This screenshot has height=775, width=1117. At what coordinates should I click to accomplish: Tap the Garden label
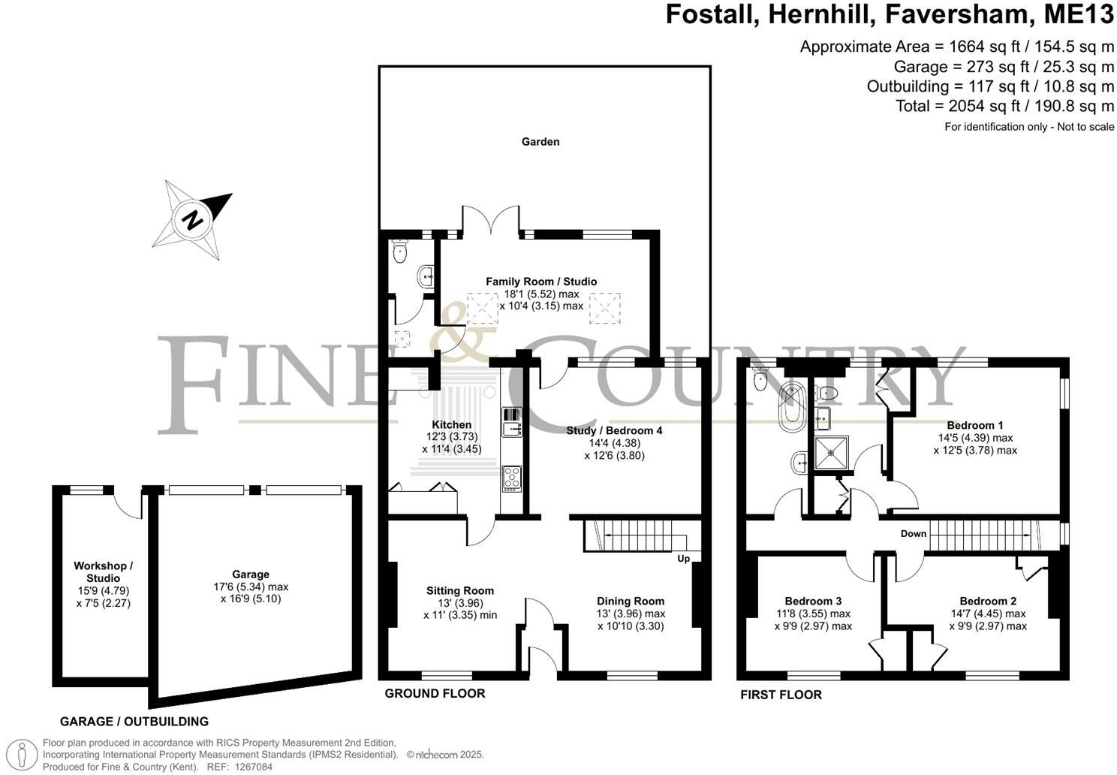540,141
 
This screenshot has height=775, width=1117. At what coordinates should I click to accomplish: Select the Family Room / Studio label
540,282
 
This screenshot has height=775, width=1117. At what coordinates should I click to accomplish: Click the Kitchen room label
451,425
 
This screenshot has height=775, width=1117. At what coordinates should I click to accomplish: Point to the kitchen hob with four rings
512,478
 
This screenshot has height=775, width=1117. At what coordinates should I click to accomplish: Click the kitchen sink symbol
512,421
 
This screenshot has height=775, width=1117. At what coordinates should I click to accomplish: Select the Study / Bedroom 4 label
614,431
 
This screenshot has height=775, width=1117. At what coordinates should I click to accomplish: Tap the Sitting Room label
460,591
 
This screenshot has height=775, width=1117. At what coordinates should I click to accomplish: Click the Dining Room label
631,601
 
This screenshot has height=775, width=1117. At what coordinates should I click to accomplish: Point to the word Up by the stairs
683,559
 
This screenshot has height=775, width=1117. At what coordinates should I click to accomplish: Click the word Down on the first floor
914,534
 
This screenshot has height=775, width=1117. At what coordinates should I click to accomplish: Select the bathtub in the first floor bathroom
790,406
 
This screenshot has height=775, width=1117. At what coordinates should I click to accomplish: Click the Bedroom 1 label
975,425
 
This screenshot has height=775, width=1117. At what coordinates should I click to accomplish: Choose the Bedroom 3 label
813,601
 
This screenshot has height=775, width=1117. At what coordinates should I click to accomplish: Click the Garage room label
251,574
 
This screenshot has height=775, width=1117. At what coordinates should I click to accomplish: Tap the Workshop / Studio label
103,572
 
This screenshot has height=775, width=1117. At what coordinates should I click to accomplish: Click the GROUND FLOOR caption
435,693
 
